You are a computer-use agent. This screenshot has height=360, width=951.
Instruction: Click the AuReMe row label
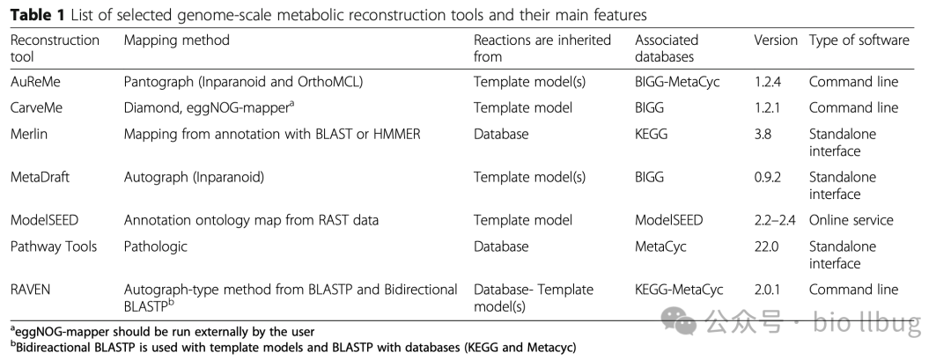(36, 82)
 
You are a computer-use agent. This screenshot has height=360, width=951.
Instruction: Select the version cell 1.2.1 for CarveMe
(771, 107)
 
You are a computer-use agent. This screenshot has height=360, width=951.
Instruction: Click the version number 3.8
(764, 133)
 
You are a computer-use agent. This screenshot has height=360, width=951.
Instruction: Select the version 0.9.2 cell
(772, 177)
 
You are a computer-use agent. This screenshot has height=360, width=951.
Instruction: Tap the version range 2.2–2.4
(775, 220)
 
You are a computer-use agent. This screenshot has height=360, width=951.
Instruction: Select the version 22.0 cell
(768, 246)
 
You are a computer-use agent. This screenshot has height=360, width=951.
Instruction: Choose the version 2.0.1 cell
(772, 290)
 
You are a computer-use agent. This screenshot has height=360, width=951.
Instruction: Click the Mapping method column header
(176, 40)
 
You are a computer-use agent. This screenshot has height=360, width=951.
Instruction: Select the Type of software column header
(859, 40)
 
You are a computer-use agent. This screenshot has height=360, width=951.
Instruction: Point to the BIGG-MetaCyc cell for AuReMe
(679, 82)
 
